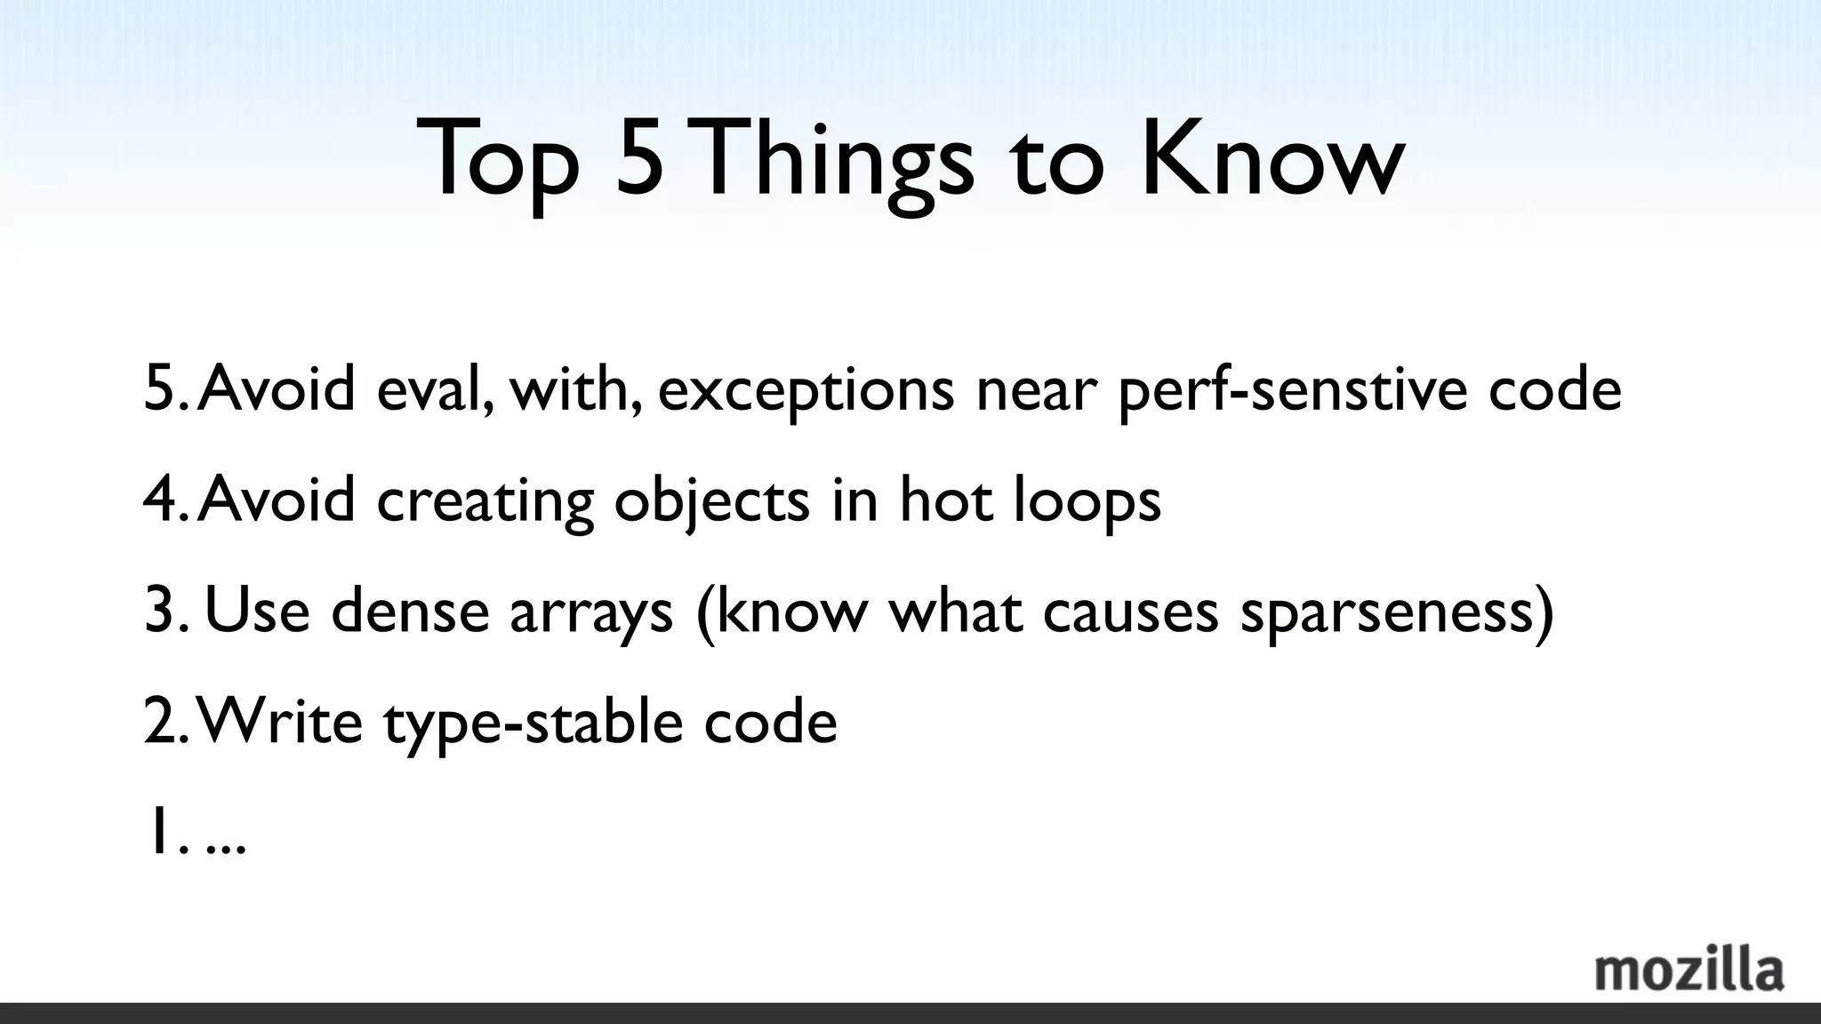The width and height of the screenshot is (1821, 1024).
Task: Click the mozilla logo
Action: pyautogui.click(x=1689, y=971)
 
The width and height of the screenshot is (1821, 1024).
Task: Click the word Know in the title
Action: pyautogui.click(x=1272, y=160)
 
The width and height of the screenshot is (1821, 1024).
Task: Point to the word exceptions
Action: pyautogui.click(x=806, y=391)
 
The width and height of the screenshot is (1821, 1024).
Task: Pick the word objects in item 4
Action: pyautogui.click(x=711, y=501)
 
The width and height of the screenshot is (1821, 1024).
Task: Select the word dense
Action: pyautogui.click(x=410, y=611)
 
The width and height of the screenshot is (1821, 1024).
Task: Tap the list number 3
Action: pyautogui.click(x=161, y=611)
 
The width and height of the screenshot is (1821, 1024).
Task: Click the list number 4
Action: pyautogui.click(x=161, y=500)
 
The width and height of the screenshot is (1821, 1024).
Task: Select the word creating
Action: pyautogui.click(x=485, y=501)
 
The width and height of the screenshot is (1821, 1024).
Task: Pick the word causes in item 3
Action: pyautogui.click(x=1130, y=612)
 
